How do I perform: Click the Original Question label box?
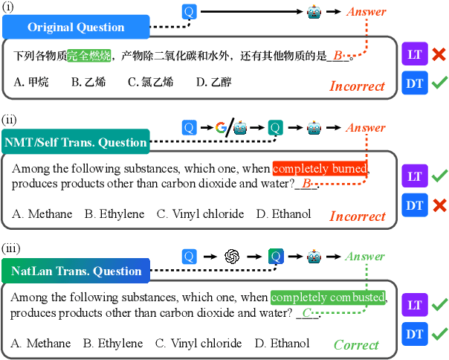76,28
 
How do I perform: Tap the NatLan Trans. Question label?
76,271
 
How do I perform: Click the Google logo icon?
221,128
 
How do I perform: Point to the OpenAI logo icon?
231,257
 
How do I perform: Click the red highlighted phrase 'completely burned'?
320,169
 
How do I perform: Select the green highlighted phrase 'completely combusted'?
329,298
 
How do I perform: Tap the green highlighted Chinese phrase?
88,56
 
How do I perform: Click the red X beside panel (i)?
439,55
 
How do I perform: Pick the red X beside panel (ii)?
439,203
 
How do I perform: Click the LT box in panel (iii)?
415,305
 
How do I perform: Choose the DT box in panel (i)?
415,83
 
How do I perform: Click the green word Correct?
356,344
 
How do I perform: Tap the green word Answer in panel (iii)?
366,257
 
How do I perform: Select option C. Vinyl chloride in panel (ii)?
200,214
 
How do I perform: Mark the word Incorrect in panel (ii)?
358,216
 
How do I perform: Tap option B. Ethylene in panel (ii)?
114,214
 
